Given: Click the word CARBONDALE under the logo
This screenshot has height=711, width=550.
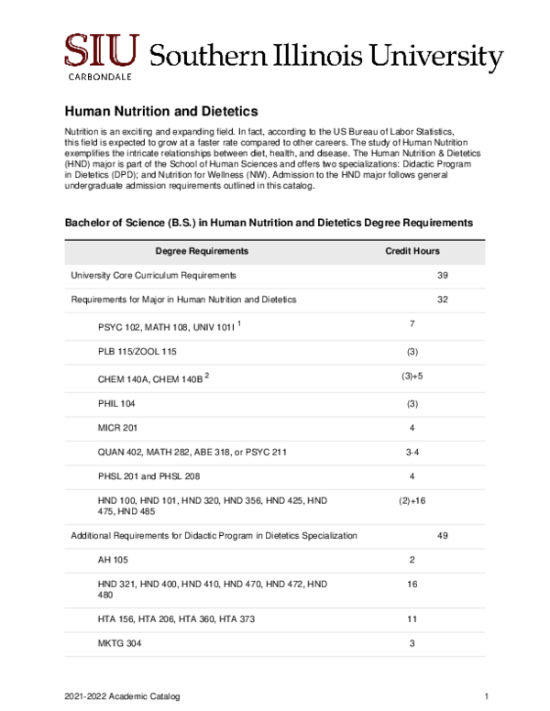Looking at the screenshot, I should (x=102, y=78).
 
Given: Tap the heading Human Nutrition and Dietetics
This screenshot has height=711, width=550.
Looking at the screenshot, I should (x=154, y=111).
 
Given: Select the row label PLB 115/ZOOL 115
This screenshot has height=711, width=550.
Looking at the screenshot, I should (x=137, y=352).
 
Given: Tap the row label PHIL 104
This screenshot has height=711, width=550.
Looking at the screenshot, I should (x=116, y=402).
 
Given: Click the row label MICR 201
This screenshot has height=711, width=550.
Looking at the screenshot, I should (x=116, y=427).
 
